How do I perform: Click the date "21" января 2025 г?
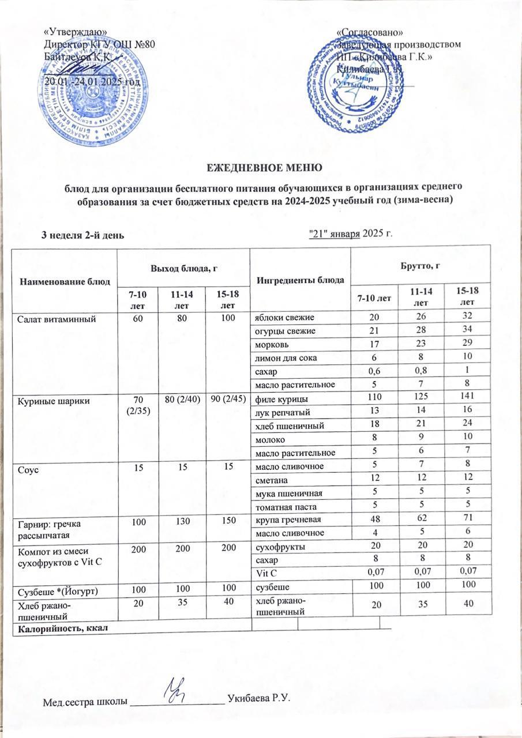[x=351, y=233]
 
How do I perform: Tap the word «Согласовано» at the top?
[x=370, y=32]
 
